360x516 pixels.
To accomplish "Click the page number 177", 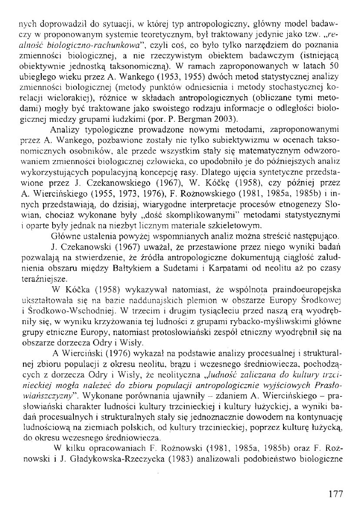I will [x=336, y=494].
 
